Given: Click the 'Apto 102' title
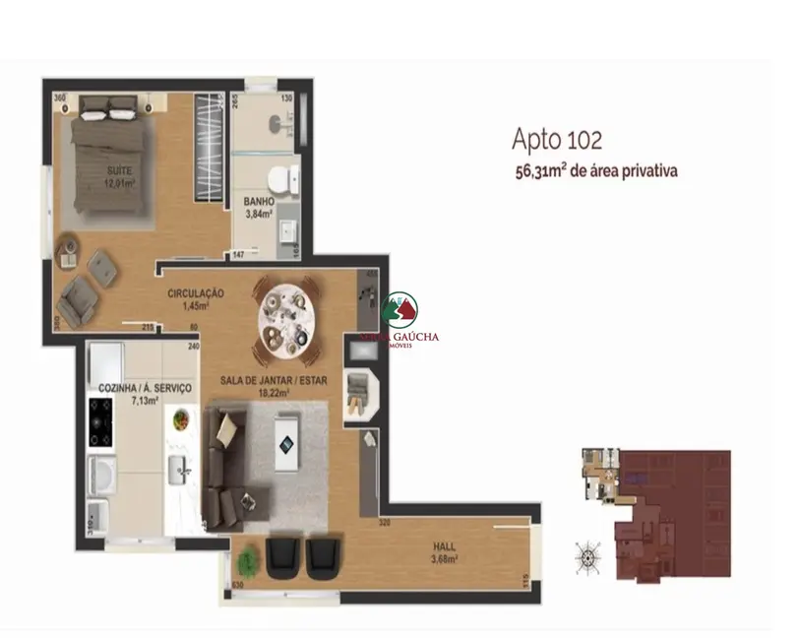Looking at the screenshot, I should click(x=557, y=139).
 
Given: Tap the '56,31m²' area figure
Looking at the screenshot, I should click(x=539, y=170).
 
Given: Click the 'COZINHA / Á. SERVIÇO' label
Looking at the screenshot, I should click(x=145, y=390).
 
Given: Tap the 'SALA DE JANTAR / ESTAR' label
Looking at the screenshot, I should click(x=274, y=378).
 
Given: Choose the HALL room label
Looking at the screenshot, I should click(x=452, y=548).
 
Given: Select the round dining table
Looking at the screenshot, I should click(x=288, y=316).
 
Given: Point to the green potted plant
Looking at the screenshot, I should click(x=247, y=561).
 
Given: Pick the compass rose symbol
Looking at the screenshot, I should click(x=588, y=557).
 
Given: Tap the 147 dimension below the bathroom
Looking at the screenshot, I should click(x=238, y=255).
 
